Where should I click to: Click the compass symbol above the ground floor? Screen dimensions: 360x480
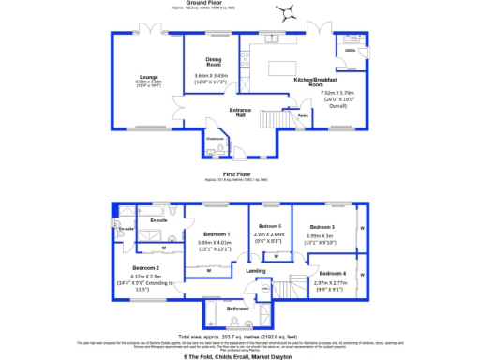[284, 12]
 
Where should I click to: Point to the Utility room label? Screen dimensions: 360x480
[350, 50]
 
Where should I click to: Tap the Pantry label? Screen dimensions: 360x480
[303, 115]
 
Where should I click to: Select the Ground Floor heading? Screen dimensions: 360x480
[239, 3]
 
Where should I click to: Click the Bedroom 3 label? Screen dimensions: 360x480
[322, 227]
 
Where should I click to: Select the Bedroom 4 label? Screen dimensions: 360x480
[330, 273]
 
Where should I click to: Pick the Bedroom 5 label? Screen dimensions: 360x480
[270, 227]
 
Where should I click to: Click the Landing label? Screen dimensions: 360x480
[256, 271]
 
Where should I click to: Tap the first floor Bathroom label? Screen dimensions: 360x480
[236, 307]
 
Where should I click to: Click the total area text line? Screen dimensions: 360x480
[239, 335]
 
